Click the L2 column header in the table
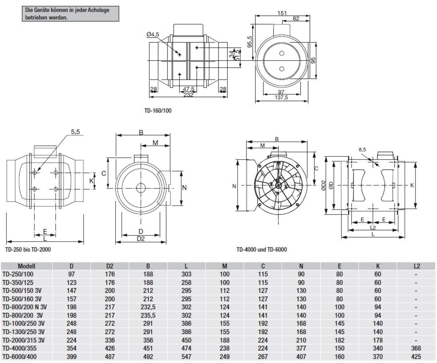tap(416, 265)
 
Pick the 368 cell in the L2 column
tap(416, 349)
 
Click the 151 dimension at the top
tap(282, 13)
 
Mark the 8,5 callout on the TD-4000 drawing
tap(363, 149)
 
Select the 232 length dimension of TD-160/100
tap(188, 95)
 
